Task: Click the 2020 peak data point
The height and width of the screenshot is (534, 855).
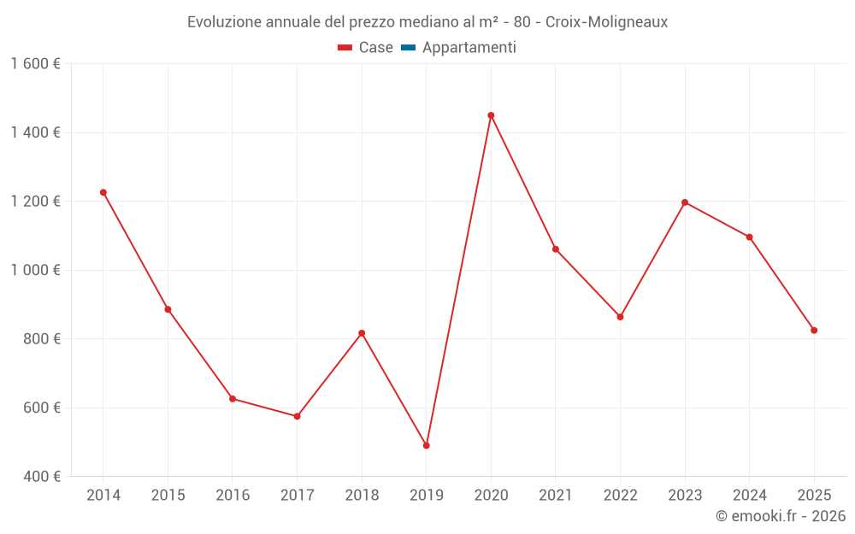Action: point(491,115)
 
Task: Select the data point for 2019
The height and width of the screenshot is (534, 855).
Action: point(426,445)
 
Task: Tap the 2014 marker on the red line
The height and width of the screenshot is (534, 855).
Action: point(103,192)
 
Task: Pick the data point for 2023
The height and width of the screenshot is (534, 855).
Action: point(685,202)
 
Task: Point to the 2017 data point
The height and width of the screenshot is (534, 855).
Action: point(297,416)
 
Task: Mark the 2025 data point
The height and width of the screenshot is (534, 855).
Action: point(814,330)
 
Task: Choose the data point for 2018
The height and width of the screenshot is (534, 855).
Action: point(362,333)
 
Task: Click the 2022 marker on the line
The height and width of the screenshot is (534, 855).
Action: point(620,317)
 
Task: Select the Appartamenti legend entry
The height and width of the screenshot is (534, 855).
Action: point(469,48)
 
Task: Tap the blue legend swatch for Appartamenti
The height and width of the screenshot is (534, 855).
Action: point(408,48)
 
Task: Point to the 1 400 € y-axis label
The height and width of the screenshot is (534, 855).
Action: point(35,132)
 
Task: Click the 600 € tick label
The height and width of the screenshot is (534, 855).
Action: point(41,408)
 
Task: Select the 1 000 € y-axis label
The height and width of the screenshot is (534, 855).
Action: point(35,270)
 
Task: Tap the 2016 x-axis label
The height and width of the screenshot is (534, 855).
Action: point(233,496)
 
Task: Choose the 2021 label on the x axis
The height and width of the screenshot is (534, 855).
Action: point(556,496)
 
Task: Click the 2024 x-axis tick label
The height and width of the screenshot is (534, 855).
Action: point(749,496)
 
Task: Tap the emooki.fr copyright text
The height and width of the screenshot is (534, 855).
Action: point(780,516)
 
